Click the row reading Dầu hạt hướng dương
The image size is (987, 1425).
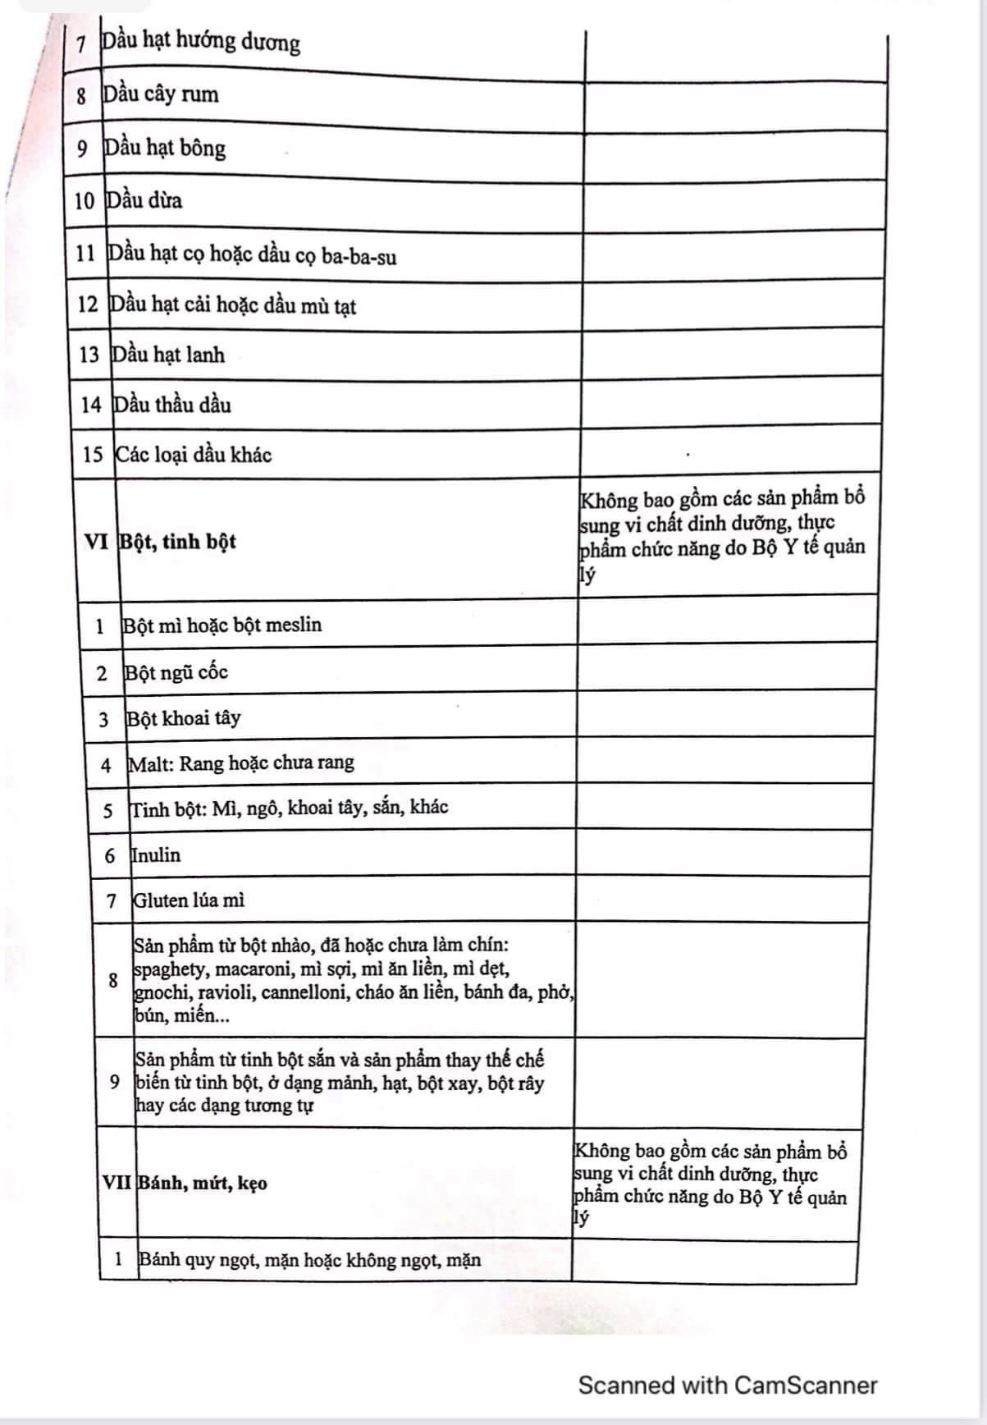tap(200, 41)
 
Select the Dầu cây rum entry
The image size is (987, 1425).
tap(161, 94)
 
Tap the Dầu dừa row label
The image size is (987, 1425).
tap(144, 200)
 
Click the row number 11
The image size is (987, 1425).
tap(86, 253)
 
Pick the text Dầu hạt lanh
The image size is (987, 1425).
tap(168, 355)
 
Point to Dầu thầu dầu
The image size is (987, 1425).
tap(172, 405)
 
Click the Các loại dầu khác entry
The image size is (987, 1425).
tap(194, 455)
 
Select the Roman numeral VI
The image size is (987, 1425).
tap(96, 541)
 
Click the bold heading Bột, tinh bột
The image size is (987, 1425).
tap(178, 542)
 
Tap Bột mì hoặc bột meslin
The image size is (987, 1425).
tap(222, 625)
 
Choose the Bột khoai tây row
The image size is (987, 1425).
tap(184, 719)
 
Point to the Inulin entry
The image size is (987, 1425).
tap(156, 855)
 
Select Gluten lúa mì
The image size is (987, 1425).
tap(189, 900)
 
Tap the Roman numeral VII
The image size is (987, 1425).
tap(117, 1183)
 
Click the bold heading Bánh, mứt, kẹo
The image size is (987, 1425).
tap(203, 1184)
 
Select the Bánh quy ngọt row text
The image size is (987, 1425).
tap(310, 1260)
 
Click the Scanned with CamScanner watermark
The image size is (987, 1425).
tap(728, 1385)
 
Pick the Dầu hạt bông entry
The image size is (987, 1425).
tap(165, 149)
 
